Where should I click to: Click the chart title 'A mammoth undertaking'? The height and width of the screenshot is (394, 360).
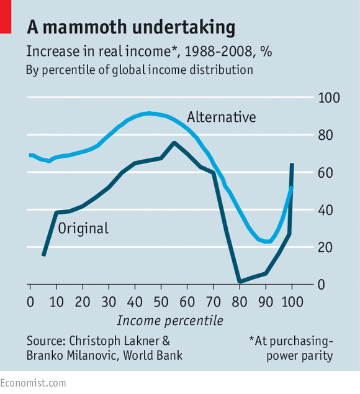tap(131, 27)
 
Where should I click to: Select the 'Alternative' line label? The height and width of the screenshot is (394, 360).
tap(222, 117)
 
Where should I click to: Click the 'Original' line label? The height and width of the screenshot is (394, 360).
tap(83, 228)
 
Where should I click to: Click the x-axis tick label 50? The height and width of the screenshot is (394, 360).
tap(161, 301)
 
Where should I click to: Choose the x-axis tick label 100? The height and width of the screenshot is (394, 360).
tap(291, 301)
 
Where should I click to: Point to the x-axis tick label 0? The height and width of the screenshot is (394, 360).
tap(30, 301)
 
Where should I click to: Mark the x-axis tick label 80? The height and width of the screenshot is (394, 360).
tap(240, 301)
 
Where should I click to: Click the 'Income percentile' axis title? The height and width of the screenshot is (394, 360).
tap(170, 321)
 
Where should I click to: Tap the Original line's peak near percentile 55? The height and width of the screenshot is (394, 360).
tap(174, 143)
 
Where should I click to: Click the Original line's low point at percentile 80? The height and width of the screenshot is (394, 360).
tap(240, 282)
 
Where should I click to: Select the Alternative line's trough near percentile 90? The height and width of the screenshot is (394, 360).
tap(267, 241)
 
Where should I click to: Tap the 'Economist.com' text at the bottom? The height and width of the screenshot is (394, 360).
tap(33, 384)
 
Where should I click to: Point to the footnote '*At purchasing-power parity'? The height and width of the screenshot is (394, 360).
tap(290, 348)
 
